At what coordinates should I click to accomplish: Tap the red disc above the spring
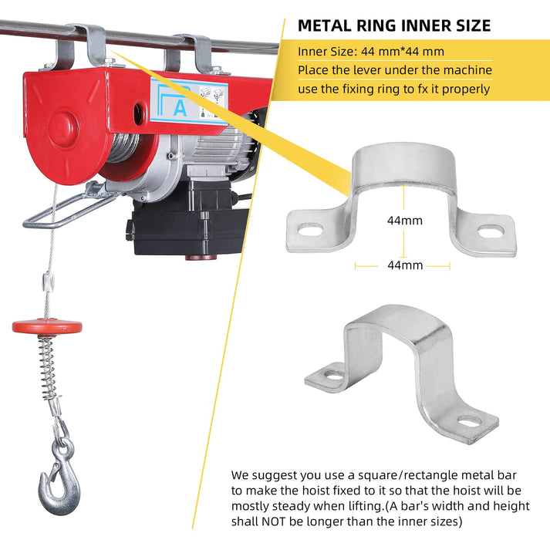(47, 326)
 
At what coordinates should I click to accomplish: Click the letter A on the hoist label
(180, 108)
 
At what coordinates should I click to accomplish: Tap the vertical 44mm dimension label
(404, 221)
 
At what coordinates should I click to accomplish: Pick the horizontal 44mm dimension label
(404, 265)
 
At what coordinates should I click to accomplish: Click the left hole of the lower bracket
(332, 376)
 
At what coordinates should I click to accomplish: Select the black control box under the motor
(181, 224)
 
